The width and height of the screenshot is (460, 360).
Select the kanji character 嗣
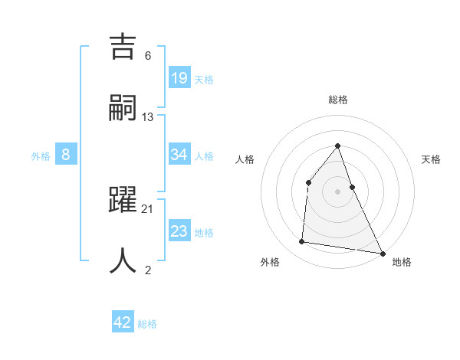[x=124, y=108]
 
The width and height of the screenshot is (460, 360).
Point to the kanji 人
[x=124, y=260]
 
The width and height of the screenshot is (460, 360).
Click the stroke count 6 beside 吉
[x=148, y=56]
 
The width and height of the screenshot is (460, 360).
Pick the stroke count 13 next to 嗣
[x=148, y=116]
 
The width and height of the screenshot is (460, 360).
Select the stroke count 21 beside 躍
[x=148, y=208]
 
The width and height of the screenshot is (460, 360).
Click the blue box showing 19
[x=179, y=77]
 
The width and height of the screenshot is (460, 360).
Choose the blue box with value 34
[x=179, y=154]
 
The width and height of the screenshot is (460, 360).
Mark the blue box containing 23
[x=179, y=231]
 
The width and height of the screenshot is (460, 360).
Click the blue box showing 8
[x=66, y=154]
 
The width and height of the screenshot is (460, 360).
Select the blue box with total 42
[x=123, y=322]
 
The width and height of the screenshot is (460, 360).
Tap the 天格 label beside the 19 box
[x=204, y=79]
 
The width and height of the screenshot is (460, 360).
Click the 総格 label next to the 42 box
[x=147, y=324]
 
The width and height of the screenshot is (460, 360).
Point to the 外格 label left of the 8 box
[x=41, y=155]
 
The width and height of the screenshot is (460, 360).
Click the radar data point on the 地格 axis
[x=382, y=252]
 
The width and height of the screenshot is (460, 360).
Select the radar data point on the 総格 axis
[x=337, y=146]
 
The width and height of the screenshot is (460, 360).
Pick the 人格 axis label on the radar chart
[x=245, y=159]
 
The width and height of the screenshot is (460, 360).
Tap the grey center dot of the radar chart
[x=337, y=191]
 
